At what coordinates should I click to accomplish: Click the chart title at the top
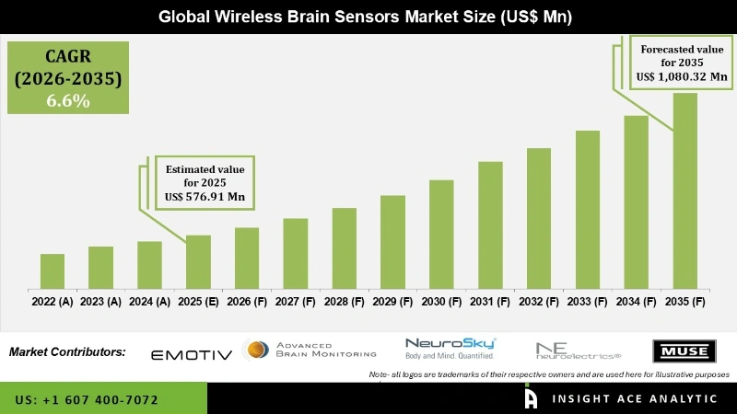coord(368,17)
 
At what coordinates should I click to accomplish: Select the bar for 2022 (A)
coord(53,270)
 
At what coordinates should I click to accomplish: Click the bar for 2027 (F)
coord(295,253)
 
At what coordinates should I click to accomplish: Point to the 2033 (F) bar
coord(588,209)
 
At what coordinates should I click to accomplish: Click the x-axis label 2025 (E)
coord(198,301)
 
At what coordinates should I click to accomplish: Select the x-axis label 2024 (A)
coord(149,301)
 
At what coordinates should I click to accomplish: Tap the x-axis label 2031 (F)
coord(490,301)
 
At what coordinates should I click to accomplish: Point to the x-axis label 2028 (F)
coord(344,301)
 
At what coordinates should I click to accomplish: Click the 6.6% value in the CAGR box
coord(68,101)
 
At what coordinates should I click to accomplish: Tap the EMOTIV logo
coord(191,353)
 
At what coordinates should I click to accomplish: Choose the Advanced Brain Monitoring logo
coord(311,350)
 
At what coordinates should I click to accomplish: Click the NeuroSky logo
coord(450,348)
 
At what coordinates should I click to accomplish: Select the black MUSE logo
coord(684,351)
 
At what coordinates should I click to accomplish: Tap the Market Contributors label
coord(67,351)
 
